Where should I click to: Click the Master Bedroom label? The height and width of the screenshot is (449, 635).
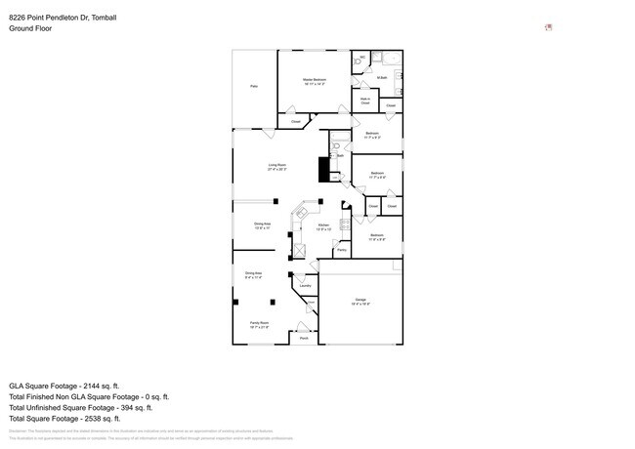[315, 81]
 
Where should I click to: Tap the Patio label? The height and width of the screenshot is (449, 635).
[254, 87]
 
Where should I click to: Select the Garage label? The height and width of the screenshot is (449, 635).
[360, 301]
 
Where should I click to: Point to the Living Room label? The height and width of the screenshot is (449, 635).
[277, 167]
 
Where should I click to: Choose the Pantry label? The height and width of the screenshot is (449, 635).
[341, 251]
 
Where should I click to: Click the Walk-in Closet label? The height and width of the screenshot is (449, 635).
[364, 100]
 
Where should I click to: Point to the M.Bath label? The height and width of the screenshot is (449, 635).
[383, 77]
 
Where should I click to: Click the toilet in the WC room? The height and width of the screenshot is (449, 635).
[358, 59]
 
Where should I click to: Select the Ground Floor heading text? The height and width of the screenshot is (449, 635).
[30, 29]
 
